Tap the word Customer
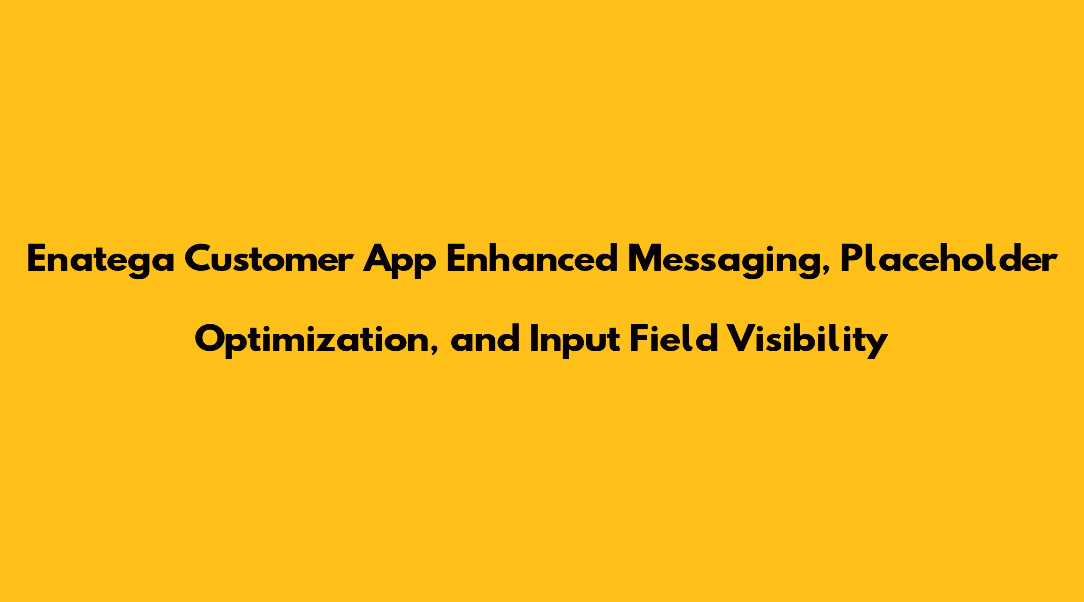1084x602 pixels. click(x=269, y=258)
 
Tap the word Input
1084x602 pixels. click(x=575, y=341)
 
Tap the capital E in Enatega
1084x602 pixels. click(x=37, y=259)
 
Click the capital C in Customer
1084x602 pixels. click(x=198, y=259)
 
